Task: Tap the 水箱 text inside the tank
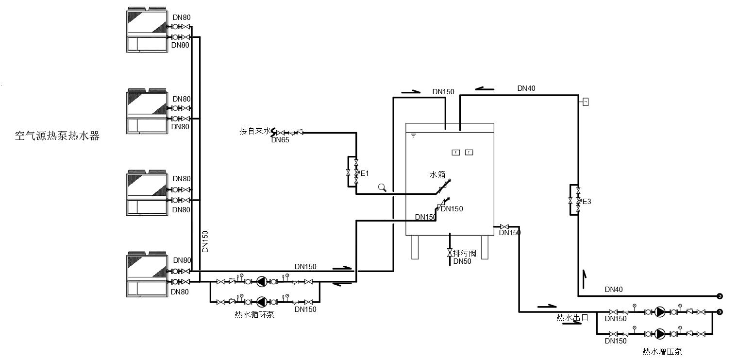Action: (437, 174)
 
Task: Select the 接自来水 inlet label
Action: (254, 131)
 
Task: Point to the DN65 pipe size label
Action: (280, 140)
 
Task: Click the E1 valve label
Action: (365, 173)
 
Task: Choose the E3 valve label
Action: (587, 201)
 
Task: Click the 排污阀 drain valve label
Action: (464, 253)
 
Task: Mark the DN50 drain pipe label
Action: (462, 261)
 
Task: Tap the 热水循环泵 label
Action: (254, 315)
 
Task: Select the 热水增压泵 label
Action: (662, 351)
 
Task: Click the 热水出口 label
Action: (572, 318)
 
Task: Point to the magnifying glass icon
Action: (382, 188)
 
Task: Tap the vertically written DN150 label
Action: (205, 241)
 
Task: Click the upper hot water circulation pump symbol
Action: (262, 281)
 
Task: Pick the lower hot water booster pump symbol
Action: (660, 334)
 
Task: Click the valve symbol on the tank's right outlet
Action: (504, 227)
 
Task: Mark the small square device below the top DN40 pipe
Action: (586, 102)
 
